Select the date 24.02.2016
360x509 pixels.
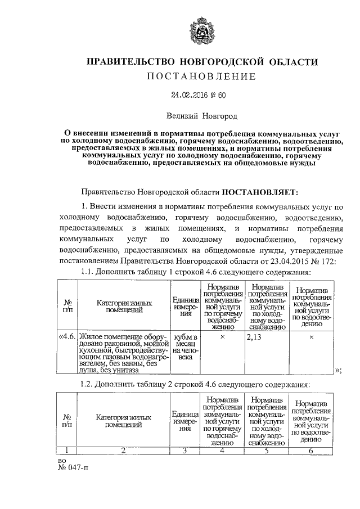coord(185,96)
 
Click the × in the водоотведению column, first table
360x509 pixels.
coord(311,337)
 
